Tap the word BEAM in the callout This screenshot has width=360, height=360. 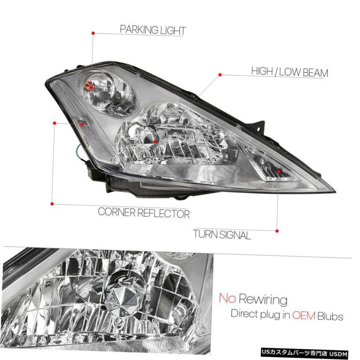tap(316, 72)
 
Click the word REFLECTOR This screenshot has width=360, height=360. tap(163, 213)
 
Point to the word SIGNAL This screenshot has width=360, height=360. tap(235, 235)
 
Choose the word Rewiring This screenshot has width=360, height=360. tap(263, 300)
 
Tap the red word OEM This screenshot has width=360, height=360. tap(304, 316)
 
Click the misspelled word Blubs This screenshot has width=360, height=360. tap(330, 316)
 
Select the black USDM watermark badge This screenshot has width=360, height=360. tap(304, 352)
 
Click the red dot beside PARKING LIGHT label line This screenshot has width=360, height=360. tap(93, 33)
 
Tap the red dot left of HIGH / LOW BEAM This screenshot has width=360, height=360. tap(220, 75)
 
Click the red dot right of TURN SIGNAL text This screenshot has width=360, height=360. tap(277, 231)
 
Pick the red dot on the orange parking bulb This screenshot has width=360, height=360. tap(91, 88)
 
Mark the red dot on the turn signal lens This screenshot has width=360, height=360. tap(278, 172)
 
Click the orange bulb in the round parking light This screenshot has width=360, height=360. tap(88, 86)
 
